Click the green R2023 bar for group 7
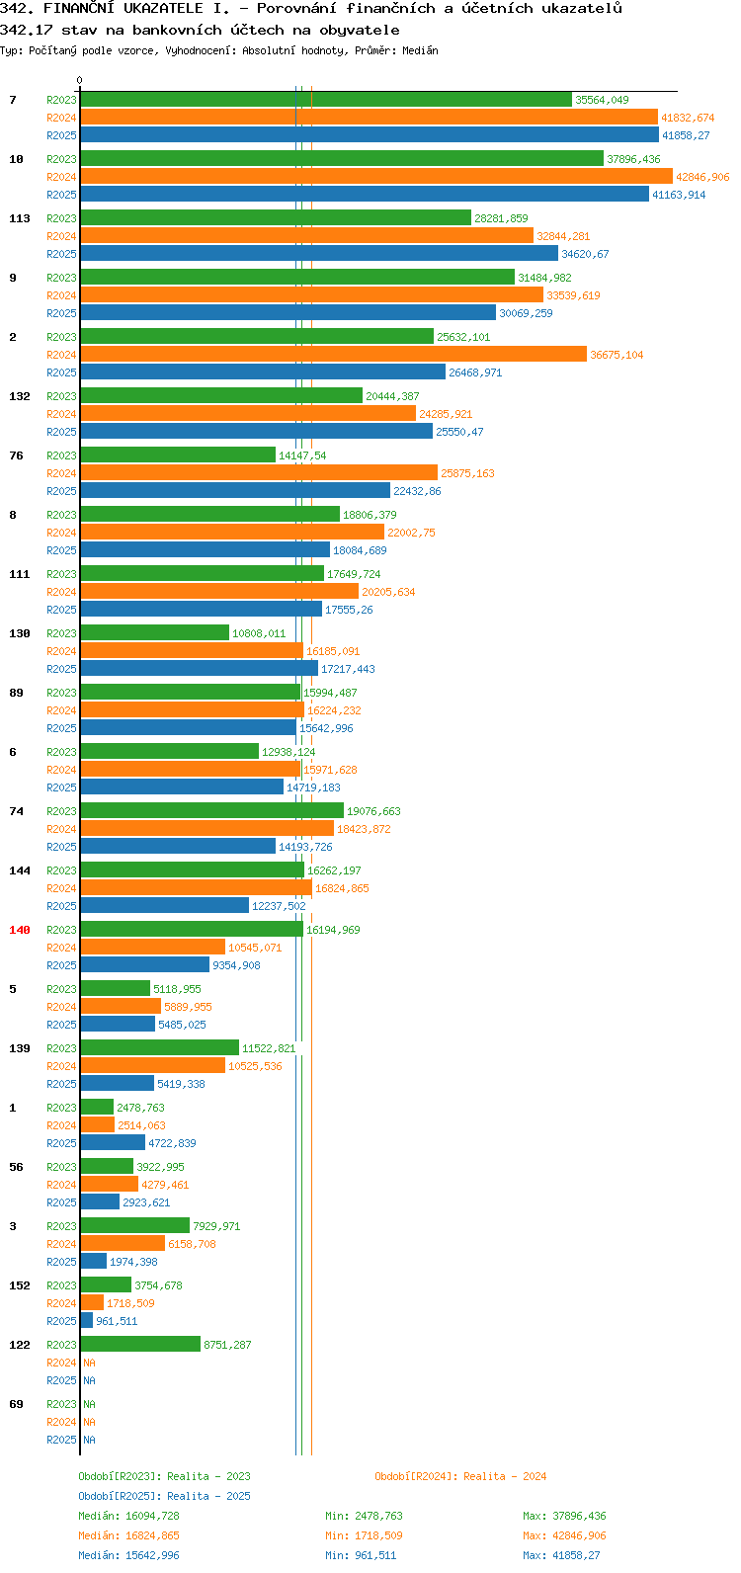[326, 100]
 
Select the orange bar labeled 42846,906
[376, 176]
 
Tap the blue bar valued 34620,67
[319, 254]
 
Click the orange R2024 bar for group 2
[333, 355]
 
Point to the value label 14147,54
[302, 455]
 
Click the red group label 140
[20, 930]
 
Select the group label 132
[20, 396]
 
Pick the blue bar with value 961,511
[86, 1321]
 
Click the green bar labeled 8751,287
[140, 1345]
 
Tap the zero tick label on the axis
[79, 80]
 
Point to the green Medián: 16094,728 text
[128, 1516]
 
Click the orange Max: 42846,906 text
[564, 1535]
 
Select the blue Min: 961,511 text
[361, 1555]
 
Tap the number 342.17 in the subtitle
[26, 31]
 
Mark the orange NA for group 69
[89, 1422]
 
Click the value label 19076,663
[373, 811]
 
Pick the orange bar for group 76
[259, 472]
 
